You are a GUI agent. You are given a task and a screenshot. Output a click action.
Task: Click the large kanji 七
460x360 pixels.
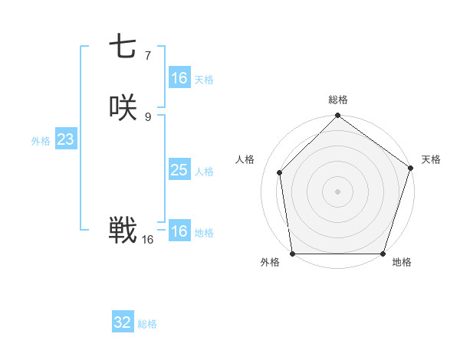tap(123, 47)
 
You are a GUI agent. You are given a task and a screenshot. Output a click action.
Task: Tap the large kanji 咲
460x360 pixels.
tap(123, 108)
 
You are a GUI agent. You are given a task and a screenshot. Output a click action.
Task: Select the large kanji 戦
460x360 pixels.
tap(123, 230)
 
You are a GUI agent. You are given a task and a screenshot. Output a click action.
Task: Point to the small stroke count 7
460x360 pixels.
tap(147, 55)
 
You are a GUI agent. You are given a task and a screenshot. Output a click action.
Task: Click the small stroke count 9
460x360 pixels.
tap(147, 116)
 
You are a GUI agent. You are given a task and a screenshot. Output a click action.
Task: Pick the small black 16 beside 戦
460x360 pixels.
tap(147, 239)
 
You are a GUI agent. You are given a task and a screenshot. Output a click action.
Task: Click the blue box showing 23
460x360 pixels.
tap(65, 139)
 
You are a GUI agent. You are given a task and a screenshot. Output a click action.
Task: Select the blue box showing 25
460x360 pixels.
tap(179, 170)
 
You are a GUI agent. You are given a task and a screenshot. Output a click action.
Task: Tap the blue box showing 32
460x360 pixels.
tap(123, 322)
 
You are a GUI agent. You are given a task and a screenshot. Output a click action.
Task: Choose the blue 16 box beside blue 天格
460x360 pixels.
tap(179, 78)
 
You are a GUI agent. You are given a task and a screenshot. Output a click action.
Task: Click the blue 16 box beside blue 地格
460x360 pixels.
tap(179, 231)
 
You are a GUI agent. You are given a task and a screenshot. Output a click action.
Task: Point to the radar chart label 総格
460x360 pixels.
tap(338, 100)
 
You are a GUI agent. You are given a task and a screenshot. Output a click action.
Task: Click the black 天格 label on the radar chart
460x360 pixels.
tap(431, 159)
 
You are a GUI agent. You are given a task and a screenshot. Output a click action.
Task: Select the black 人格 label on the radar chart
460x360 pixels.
tap(245, 159)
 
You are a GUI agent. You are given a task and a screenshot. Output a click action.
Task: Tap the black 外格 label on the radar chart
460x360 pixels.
tap(270, 263)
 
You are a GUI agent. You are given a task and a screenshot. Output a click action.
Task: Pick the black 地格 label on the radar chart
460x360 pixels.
tap(402, 263)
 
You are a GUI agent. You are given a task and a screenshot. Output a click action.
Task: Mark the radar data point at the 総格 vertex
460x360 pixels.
tap(337, 116)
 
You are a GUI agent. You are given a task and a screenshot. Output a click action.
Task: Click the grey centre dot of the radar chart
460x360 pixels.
tap(337, 191)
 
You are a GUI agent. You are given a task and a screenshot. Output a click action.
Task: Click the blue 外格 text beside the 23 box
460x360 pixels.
tap(41, 141)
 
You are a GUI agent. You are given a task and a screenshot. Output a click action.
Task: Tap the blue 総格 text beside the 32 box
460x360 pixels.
tap(147, 324)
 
